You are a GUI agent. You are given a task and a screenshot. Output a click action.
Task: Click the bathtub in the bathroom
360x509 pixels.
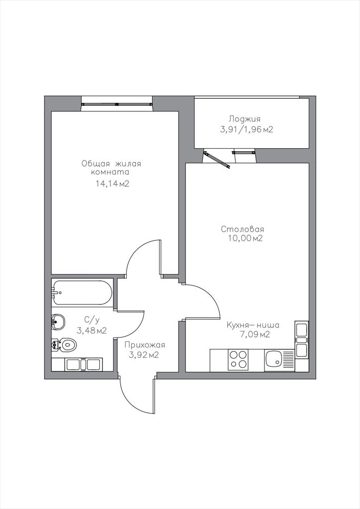tap(83, 292)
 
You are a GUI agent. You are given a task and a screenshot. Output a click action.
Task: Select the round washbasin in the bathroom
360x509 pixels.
tap(58, 322)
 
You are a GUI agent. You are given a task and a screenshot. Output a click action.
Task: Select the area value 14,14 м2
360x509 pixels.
tap(112, 184)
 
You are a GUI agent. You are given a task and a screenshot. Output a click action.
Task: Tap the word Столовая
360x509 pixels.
tap(242, 229)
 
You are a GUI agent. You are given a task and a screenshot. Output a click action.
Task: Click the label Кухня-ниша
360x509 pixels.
tap(253, 325)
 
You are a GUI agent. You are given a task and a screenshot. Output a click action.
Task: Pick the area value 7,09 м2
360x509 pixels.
tap(255, 335)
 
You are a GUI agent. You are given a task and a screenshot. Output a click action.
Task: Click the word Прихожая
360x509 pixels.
tap(145, 345)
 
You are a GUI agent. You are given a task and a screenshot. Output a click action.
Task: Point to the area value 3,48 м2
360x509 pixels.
tap(91, 331)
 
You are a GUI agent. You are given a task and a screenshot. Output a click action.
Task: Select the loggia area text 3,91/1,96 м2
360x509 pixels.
tap(247, 130)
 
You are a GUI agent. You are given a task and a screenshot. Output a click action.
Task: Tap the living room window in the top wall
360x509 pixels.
tap(117, 104)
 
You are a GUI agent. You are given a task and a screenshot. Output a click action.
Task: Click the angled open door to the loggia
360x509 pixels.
tap(216, 160)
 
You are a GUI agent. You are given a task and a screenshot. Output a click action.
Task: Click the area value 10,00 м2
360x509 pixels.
tap(245, 238)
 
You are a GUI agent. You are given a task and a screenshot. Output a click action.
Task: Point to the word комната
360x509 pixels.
tap(110, 172)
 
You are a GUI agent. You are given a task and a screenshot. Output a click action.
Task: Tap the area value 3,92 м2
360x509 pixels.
tap(144, 355)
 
